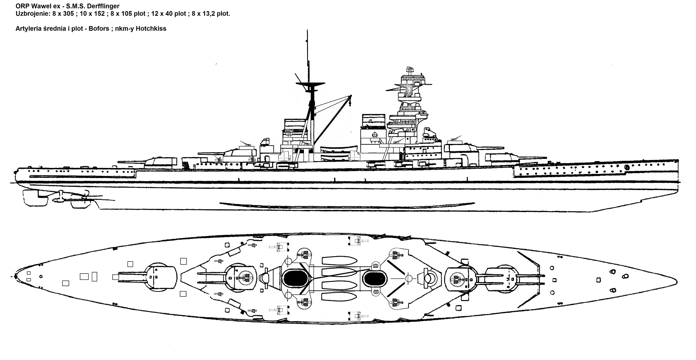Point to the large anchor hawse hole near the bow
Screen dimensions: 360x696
point(627,167)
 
